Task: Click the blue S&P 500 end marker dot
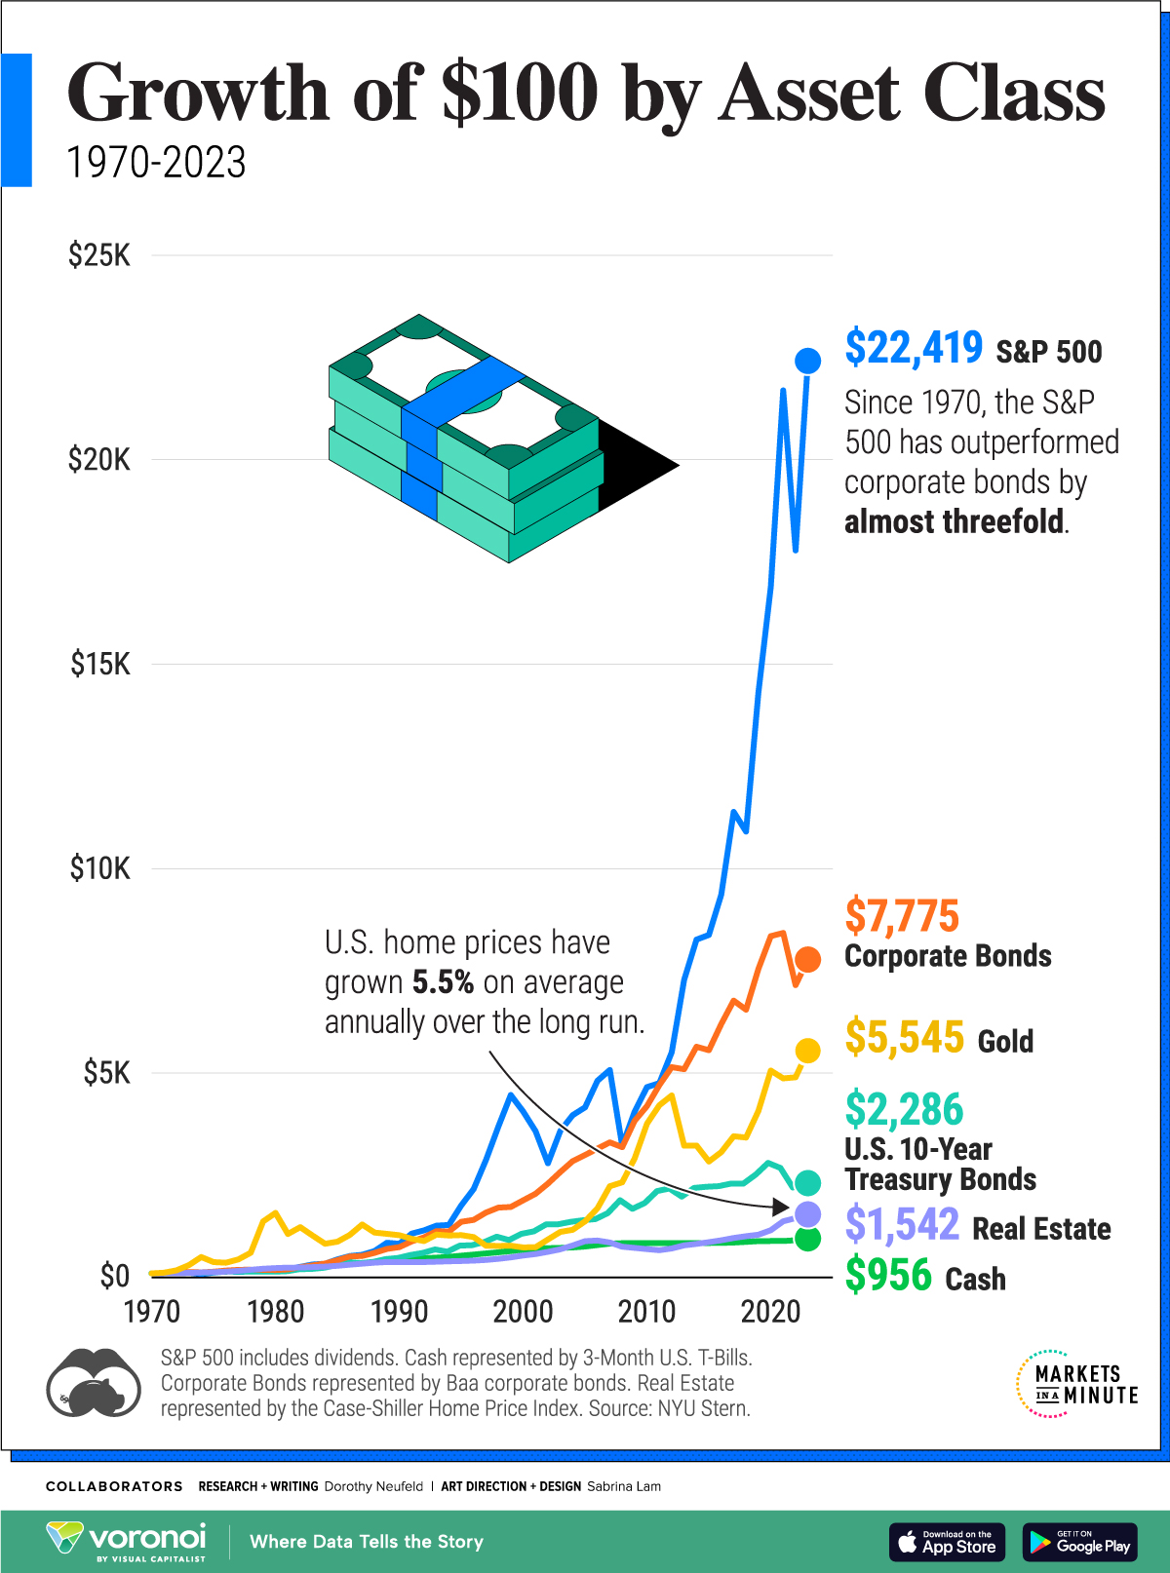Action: [x=807, y=361]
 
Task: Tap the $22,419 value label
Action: [x=914, y=348]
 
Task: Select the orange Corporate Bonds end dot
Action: [x=807, y=959]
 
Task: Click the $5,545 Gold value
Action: [x=904, y=1037]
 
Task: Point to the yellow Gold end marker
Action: [x=807, y=1051]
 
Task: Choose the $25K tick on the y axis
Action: [x=98, y=256]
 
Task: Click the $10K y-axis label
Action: [x=98, y=868]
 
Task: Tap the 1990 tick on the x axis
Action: [x=399, y=1312]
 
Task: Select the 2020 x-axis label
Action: [x=770, y=1312]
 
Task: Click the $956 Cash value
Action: [x=888, y=1276]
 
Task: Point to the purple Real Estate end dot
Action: [x=807, y=1214]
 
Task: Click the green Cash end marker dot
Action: [x=807, y=1239]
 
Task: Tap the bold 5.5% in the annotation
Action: [x=443, y=982]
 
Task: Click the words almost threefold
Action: [x=954, y=522]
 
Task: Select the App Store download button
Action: [x=947, y=1542]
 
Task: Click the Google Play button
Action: [x=1079, y=1542]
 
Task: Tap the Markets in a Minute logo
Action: [x=1076, y=1384]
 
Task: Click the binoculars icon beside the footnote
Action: [x=93, y=1384]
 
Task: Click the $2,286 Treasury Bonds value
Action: [x=904, y=1110]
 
